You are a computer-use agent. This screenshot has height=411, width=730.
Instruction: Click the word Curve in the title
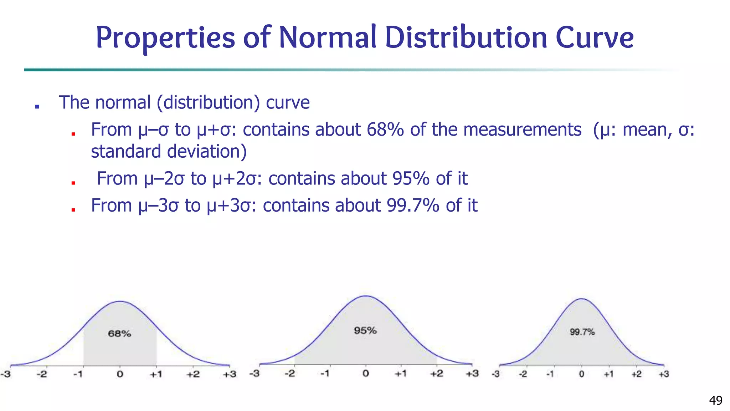(595, 37)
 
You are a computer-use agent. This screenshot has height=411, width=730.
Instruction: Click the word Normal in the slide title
(327, 37)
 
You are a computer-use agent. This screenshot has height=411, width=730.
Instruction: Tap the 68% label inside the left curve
(119, 334)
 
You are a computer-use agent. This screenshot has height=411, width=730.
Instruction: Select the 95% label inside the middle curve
(365, 330)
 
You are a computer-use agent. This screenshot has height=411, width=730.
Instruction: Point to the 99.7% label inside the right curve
(582, 332)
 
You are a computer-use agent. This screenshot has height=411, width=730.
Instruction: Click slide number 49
(716, 400)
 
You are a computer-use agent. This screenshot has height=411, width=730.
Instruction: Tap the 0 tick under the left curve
(120, 374)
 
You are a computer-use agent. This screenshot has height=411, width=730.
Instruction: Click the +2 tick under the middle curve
(436, 374)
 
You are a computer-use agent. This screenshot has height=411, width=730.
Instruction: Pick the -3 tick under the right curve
(495, 374)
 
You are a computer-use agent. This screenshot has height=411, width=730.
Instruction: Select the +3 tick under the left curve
(230, 374)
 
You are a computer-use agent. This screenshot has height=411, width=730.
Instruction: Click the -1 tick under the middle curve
(325, 374)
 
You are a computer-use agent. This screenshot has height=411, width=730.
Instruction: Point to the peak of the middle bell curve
(366, 296)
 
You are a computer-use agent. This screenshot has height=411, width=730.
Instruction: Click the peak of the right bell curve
(582, 299)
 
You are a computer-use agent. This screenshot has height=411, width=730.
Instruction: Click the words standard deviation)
(169, 151)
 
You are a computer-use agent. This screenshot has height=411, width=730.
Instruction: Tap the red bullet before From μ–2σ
(73, 183)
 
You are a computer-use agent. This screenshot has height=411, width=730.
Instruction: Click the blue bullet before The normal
(37, 106)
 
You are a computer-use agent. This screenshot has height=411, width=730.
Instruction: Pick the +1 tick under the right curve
(608, 374)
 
